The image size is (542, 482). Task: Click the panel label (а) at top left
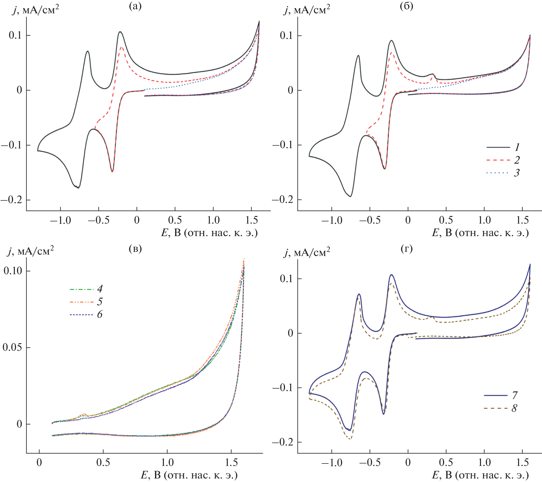(135, 6)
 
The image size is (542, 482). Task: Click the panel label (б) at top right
(406, 6)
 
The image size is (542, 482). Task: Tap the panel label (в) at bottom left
(135, 248)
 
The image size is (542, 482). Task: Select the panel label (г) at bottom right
(406, 248)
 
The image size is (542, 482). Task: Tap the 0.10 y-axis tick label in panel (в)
(13, 271)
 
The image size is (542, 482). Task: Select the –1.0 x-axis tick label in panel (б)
(332, 220)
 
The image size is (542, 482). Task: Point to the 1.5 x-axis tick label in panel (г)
(522, 462)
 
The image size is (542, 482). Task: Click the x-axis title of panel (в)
(189, 475)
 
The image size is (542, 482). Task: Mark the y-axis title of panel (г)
(307, 253)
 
